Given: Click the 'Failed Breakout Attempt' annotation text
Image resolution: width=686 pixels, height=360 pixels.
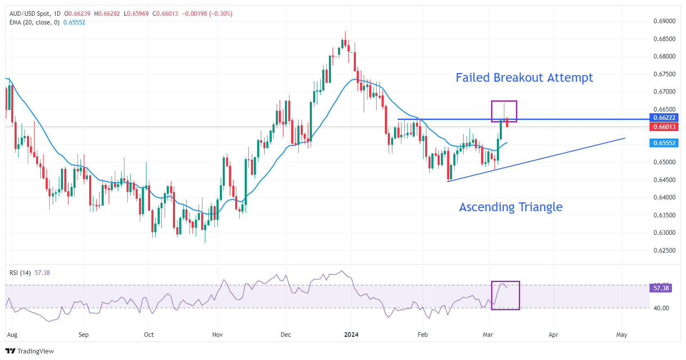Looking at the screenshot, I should click(524, 78).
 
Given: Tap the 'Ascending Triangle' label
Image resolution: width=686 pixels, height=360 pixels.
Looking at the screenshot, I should click(511, 207).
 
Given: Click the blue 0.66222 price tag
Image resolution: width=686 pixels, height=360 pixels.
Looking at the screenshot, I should click(664, 118).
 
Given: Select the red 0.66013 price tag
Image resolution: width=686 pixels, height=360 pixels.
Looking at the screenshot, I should click(664, 127).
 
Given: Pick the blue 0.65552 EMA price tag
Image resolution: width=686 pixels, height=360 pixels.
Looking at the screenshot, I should click(664, 143).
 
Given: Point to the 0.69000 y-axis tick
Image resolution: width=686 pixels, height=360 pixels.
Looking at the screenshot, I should click(664, 21).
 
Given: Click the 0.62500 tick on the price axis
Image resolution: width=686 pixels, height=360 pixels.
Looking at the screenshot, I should click(664, 251).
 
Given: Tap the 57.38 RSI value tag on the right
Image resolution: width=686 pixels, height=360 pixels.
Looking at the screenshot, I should click(661, 288).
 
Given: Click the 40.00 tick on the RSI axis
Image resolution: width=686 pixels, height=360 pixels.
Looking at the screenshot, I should click(661, 308).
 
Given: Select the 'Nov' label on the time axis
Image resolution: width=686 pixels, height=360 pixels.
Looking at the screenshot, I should click(217, 335).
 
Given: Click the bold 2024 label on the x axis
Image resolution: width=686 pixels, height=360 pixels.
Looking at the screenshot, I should click(351, 335).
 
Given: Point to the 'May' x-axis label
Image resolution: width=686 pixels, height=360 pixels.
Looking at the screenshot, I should click(621, 335).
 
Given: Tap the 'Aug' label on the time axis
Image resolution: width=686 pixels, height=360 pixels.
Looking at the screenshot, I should click(12, 335).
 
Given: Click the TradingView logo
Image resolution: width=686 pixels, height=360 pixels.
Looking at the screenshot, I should click(30, 351).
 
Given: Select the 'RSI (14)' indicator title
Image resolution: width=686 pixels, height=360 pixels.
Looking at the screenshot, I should click(20, 273).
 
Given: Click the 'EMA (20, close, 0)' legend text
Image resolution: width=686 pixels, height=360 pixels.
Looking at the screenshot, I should click(34, 22).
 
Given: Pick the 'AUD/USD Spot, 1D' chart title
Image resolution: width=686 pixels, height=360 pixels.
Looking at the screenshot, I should click(35, 14).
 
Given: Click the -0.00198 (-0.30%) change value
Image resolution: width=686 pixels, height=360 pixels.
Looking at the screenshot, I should click(207, 14).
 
